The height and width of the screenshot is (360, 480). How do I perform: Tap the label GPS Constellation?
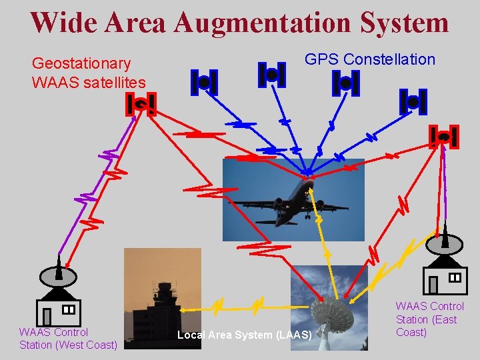point(369,59)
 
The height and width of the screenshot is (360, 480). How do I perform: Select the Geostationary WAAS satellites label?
point(88,73)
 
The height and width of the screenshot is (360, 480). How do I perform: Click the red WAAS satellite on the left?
point(141,104)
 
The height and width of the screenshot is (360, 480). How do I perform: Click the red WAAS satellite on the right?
point(443,137)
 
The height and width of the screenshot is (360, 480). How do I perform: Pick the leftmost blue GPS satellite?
point(204,82)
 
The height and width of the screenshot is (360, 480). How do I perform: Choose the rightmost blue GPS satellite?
point(413,101)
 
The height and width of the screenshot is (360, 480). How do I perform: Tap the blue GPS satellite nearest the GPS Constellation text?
point(345,83)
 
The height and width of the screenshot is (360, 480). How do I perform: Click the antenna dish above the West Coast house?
point(59,274)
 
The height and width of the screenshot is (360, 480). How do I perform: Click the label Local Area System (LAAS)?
point(245,335)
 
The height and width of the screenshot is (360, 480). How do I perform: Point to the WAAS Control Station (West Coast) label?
point(68,338)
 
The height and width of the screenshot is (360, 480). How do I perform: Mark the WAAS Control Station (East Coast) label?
point(429,319)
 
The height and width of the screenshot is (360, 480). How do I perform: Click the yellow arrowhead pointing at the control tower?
point(187,309)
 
